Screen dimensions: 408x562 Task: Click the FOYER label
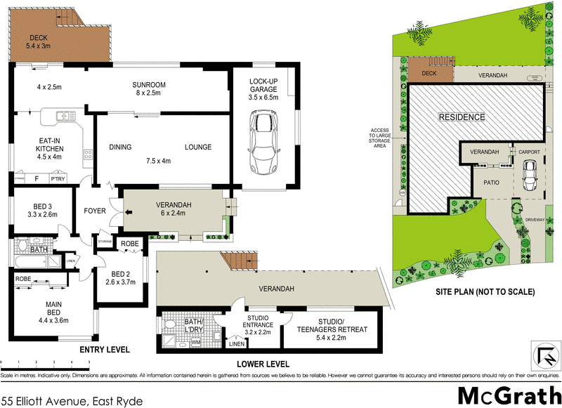[95, 211]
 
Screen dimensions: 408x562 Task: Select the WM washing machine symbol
[195, 343]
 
